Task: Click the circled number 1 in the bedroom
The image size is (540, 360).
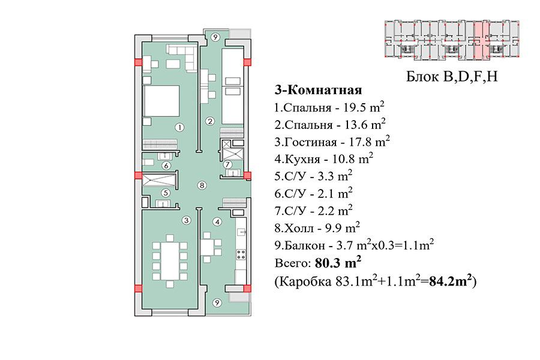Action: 179,127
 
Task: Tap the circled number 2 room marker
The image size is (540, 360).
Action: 210,121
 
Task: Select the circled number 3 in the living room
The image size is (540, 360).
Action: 187,220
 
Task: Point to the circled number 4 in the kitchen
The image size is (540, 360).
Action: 217,222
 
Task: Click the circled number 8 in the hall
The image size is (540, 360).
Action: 202,185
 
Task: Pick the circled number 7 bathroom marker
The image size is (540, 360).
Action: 227,164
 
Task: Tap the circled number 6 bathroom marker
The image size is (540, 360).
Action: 166,166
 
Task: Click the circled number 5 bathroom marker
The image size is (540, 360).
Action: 166,193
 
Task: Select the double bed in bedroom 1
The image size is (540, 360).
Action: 161,101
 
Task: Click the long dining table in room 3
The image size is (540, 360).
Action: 170,261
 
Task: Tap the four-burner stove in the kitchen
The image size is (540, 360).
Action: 241,255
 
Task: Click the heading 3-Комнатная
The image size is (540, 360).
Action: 318,90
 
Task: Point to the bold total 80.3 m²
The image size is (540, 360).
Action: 338,263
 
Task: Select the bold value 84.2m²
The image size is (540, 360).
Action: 451,281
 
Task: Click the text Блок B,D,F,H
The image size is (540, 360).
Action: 452,76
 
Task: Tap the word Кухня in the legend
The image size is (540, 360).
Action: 302,159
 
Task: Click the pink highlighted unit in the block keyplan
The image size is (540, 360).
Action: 482,41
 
